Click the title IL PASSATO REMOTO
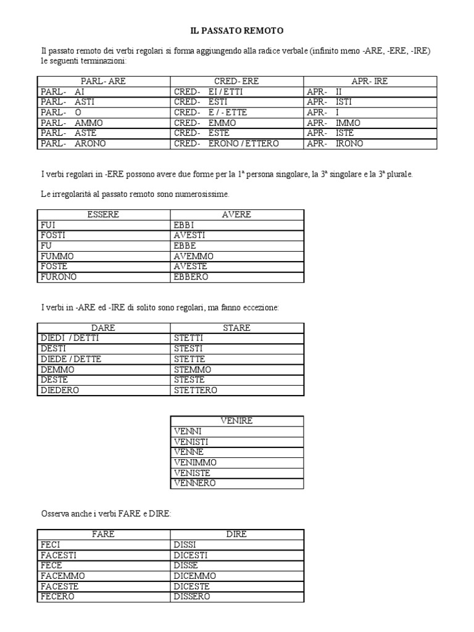tap(236, 30)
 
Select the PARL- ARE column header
tap(103, 81)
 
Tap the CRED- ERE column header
tap(236, 81)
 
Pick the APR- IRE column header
tap(369, 81)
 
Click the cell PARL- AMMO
tap(72, 123)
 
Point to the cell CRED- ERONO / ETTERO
tap(226, 144)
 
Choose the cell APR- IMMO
tap(333, 123)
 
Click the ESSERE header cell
tap(103, 214)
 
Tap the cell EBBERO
tap(191, 277)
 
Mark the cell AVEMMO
tap(194, 256)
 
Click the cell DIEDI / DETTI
tap(70, 338)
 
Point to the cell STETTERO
tap(196, 391)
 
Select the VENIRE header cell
tap(236, 420)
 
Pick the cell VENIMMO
tap(196, 462)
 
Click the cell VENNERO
tap(195, 483)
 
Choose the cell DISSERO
tap(192, 597)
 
